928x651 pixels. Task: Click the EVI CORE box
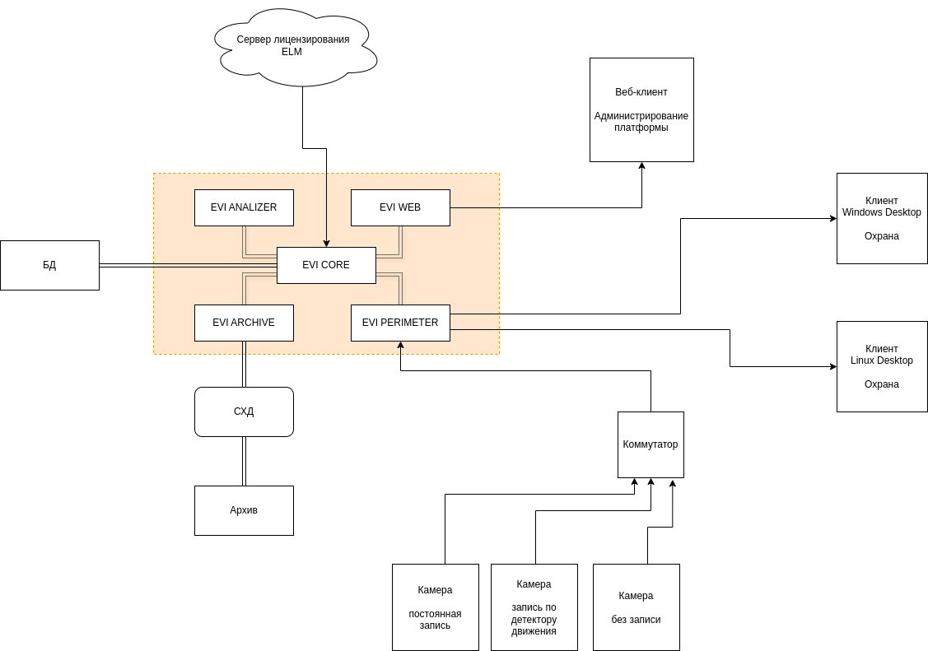pos(326,265)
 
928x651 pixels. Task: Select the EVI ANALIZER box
pos(244,207)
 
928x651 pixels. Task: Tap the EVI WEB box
pos(400,207)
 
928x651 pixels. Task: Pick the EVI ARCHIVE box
pos(244,323)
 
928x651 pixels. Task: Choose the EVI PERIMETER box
pos(400,323)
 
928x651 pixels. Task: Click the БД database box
pos(49,265)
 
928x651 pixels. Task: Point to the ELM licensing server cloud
pos(293,46)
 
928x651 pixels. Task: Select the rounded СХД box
pos(244,412)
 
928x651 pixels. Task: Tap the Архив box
pos(244,510)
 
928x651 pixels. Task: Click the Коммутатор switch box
pos(651,444)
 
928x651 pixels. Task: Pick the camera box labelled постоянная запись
pos(435,607)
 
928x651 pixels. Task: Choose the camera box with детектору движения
pos(534,607)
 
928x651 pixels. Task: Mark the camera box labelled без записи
pos(636,607)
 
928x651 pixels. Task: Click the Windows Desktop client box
pos(882,218)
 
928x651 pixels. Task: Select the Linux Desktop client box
pos(882,366)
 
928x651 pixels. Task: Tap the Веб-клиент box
pos(641,109)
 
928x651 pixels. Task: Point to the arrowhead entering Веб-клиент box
pos(641,166)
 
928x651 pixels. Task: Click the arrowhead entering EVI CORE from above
pos(326,243)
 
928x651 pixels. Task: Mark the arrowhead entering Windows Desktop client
pos(832,218)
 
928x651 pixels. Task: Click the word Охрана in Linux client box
pos(882,384)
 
